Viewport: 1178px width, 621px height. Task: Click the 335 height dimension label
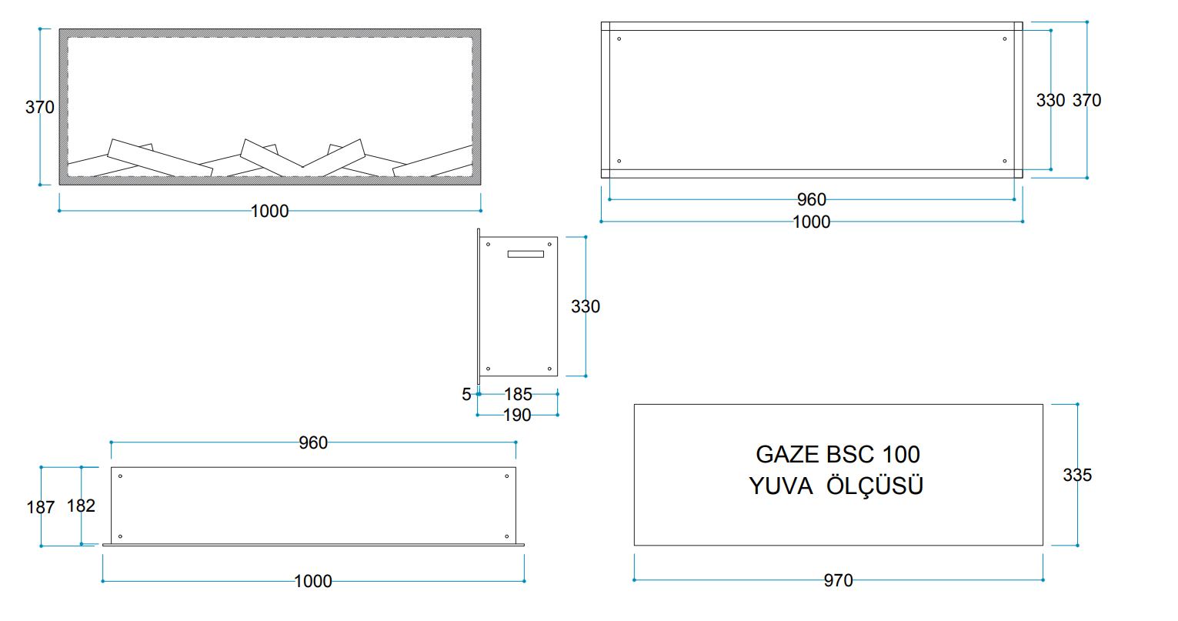(1077, 476)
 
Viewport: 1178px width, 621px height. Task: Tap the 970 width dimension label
(838, 580)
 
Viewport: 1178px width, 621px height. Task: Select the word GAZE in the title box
(786, 455)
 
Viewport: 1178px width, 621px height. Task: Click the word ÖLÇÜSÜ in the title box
(875, 485)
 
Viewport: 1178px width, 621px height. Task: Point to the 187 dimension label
(41, 507)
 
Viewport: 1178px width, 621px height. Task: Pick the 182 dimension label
(81, 506)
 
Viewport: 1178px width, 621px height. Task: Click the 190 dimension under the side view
(517, 416)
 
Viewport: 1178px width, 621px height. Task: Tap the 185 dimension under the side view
(518, 394)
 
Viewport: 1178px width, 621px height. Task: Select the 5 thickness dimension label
(466, 394)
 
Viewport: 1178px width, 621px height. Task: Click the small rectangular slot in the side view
(526, 255)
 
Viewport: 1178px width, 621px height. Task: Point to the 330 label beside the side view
(586, 306)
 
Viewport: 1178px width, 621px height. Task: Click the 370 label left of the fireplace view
(39, 107)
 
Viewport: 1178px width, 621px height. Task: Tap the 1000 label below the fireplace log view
(269, 212)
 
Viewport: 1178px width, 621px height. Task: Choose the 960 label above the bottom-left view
(313, 442)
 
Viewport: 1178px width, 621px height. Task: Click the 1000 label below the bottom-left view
(313, 582)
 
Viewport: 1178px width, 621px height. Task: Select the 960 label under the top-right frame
(812, 200)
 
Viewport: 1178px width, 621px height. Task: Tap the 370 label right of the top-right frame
(1086, 101)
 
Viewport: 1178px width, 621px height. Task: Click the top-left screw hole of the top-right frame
(619, 39)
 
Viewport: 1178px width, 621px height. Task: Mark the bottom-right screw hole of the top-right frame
(1004, 161)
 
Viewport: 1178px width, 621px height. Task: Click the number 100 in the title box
(901, 455)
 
